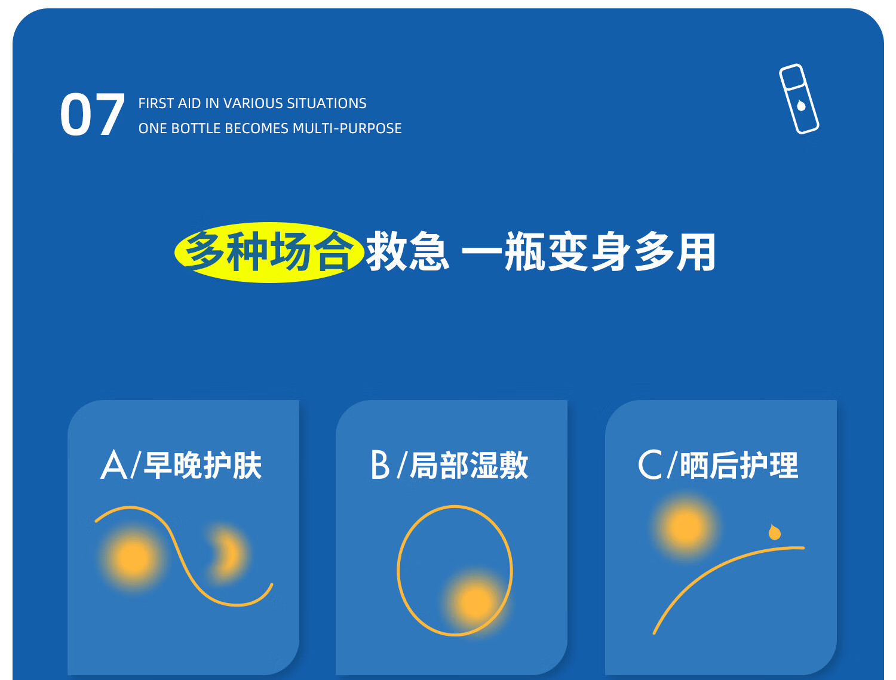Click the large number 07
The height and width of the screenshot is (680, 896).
pos(92,115)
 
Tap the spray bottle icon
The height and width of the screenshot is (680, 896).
pos(799,99)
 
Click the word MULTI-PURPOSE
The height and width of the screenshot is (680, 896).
pos(347,128)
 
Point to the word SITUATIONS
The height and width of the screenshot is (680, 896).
pos(327,103)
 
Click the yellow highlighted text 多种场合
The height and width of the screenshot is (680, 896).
pos(269,252)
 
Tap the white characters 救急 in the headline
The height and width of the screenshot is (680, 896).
pos(407,251)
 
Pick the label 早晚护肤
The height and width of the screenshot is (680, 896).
pos(203,466)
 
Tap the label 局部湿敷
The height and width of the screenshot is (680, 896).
pos(469,466)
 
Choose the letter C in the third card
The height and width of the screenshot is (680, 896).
pos(649,464)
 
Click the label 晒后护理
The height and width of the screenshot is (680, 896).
pos(739,466)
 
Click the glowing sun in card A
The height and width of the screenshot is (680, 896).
pos(133,558)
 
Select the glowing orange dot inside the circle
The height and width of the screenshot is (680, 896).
pos(475,602)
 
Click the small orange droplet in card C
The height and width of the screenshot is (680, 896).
pos(774,532)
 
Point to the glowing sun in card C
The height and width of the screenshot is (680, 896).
pos(686,527)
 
